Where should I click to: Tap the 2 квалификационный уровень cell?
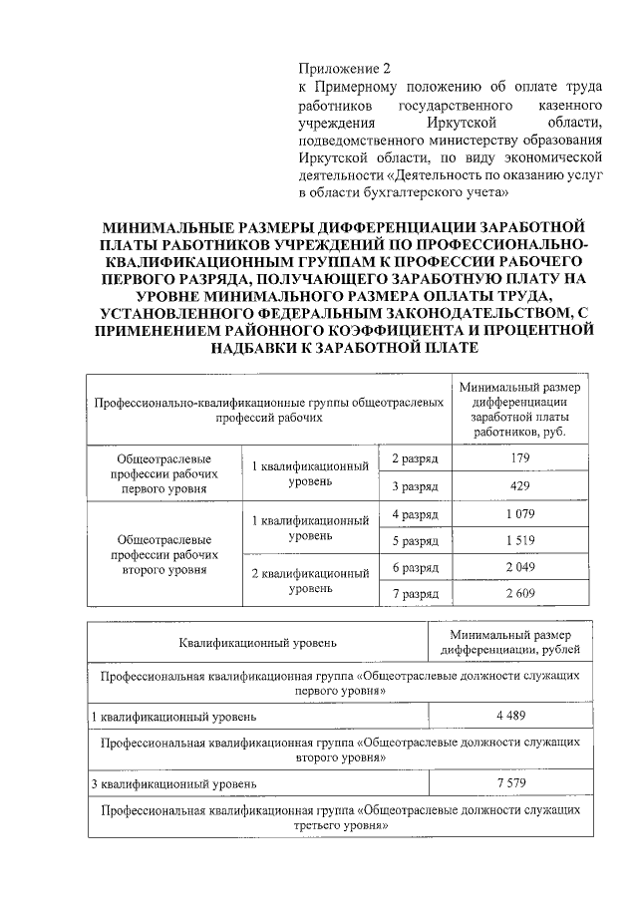(x=310, y=581)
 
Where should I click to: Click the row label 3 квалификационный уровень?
(x=174, y=783)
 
